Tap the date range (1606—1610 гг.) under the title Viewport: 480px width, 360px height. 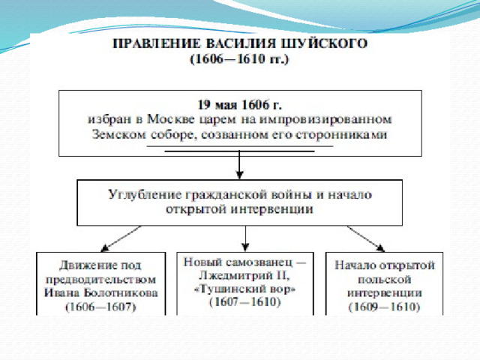pyautogui.click(x=240, y=58)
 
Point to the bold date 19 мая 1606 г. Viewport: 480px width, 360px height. pyautogui.click(x=240, y=105)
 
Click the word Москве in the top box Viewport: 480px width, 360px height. pyautogui.click(x=171, y=118)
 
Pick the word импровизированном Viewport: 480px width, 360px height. pyautogui.click(x=325, y=119)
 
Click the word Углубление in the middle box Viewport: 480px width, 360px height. pyautogui.click(x=145, y=195)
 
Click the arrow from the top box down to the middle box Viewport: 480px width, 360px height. pyautogui.click(x=240, y=164)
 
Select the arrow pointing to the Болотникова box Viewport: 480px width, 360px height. pyautogui.click(x=121, y=238)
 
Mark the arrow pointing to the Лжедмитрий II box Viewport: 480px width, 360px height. pyautogui.click(x=245, y=238)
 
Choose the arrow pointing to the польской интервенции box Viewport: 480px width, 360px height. pyautogui.click(x=366, y=238)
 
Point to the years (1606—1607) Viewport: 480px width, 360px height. pyautogui.click(x=100, y=307)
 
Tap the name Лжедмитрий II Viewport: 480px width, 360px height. pyautogui.click(x=244, y=276)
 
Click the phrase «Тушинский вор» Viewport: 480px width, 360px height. pyautogui.click(x=245, y=289)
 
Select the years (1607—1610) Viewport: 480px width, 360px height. pyautogui.click(x=245, y=302)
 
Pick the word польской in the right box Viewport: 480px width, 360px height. pyautogui.click(x=384, y=280)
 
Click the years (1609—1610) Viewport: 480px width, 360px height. pyautogui.click(x=384, y=307)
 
